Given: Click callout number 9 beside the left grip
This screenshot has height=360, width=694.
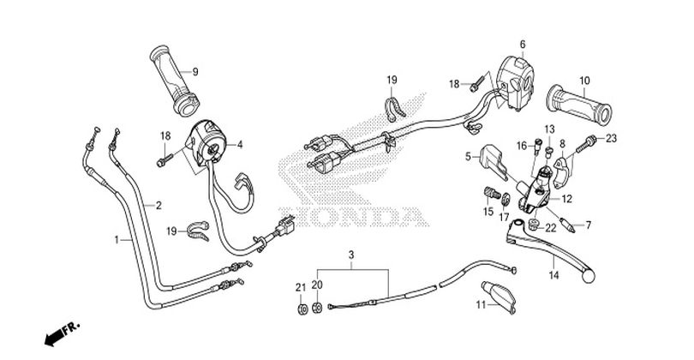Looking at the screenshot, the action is (x=194, y=72).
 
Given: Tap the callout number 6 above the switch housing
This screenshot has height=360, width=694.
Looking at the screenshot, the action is (x=523, y=45).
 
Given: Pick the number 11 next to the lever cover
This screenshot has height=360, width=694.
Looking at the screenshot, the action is (x=482, y=304).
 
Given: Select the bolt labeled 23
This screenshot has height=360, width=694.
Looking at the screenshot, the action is (x=587, y=142).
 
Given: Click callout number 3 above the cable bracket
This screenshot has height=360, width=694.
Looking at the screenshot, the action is (x=351, y=255).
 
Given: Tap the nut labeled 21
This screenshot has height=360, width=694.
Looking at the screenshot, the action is (x=302, y=309).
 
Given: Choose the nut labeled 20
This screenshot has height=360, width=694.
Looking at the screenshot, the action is (x=317, y=308).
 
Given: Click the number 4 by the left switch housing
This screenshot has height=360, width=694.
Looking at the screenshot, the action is (x=239, y=144).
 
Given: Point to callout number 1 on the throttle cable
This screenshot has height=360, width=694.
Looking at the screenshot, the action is (x=117, y=240).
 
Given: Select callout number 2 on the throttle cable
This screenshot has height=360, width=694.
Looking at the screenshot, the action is (x=158, y=205).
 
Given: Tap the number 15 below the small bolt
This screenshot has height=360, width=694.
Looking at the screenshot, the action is (x=488, y=212).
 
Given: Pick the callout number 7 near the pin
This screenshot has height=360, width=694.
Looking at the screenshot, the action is (x=589, y=225).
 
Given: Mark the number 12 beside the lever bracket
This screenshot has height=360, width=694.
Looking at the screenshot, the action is (x=566, y=199).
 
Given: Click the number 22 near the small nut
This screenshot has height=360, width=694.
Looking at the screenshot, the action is (x=551, y=228).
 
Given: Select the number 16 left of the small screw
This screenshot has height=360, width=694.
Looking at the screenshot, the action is (x=523, y=146).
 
